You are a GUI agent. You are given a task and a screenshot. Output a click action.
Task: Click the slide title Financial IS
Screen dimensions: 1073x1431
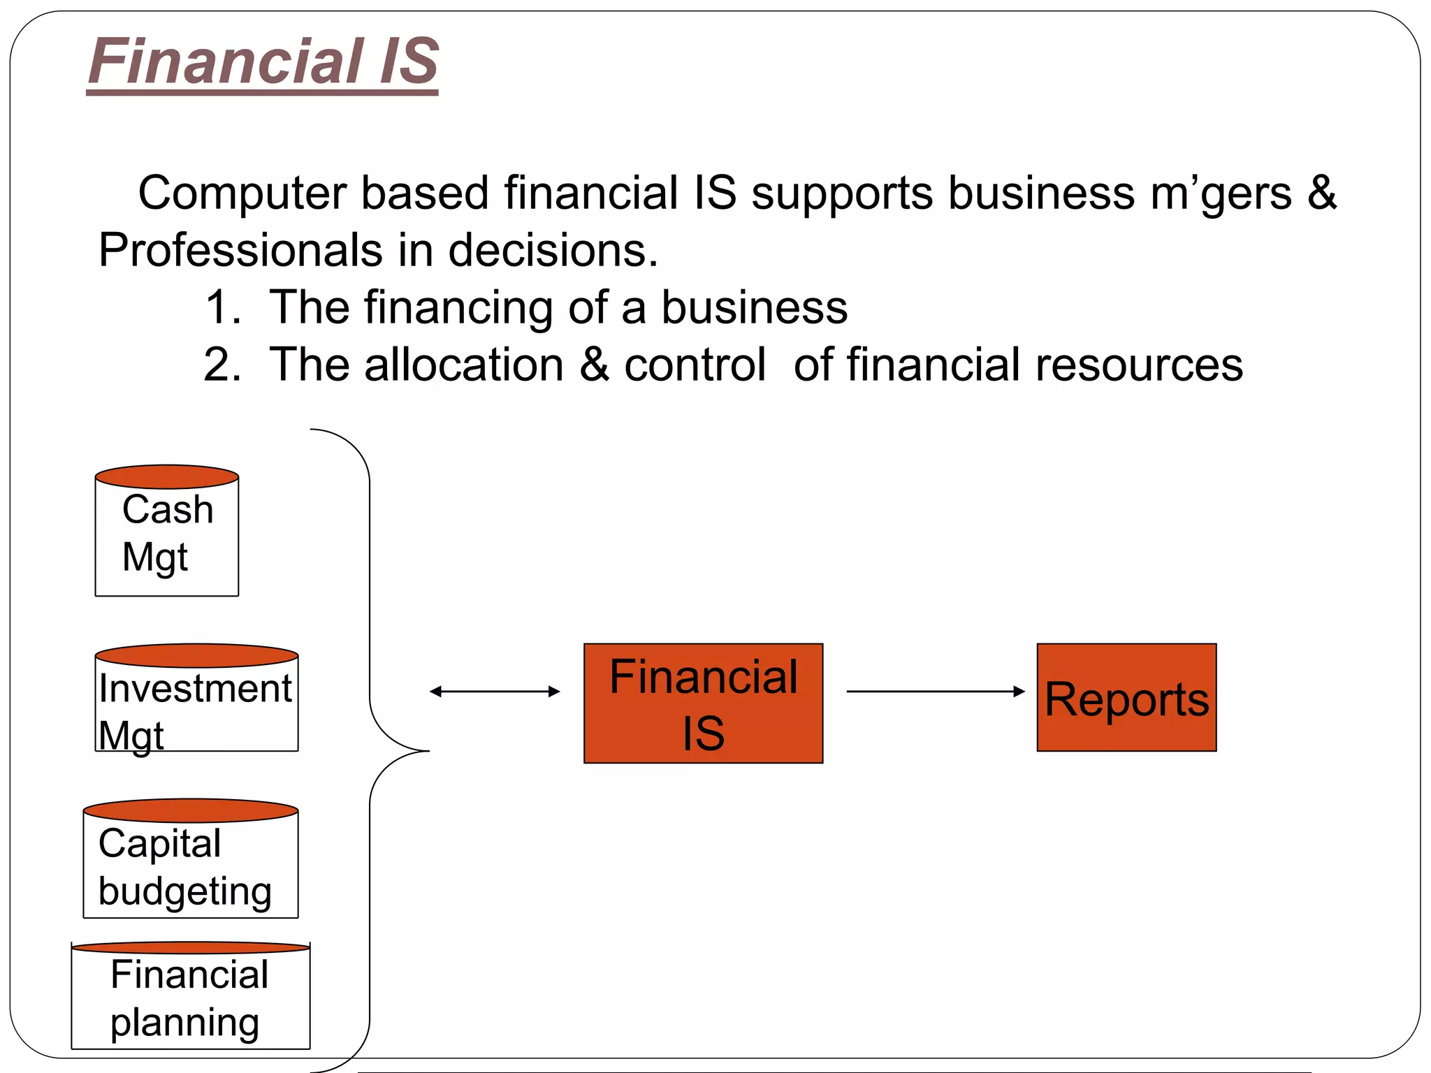coord(263,61)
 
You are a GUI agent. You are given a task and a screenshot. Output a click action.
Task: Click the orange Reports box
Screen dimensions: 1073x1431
coord(1126,698)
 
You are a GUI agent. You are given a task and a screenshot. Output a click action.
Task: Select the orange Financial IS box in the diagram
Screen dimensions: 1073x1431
coord(703,703)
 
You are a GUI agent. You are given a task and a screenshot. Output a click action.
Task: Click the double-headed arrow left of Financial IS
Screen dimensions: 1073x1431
coord(495,692)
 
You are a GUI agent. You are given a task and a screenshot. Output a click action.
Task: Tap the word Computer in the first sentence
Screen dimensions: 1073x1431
coord(242,193)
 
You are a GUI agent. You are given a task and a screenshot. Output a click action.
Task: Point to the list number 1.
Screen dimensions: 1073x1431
coord(222,307)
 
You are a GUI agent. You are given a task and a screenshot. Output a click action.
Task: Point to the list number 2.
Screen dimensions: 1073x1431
coord(222,365)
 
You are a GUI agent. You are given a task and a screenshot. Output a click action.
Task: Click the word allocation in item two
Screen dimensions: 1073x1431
coord(463,365)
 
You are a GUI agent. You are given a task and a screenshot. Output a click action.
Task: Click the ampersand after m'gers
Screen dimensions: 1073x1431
coord(1321,193)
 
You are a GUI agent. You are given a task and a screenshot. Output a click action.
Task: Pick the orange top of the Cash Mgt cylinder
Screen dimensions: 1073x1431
coord(167,477)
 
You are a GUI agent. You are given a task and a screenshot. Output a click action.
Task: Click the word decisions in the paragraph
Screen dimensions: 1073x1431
coord(553,250)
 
